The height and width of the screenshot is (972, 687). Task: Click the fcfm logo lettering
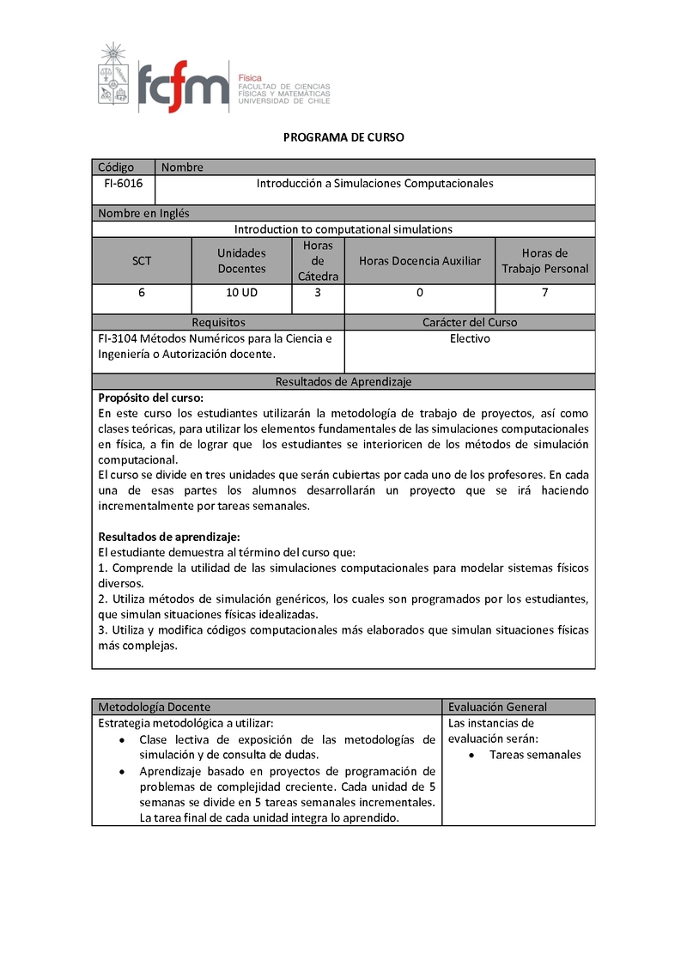coord(183,86)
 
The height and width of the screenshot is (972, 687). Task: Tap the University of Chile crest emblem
coord(111,75)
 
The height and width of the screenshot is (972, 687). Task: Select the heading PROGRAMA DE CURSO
coord(343,137)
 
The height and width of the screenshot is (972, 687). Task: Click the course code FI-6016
coord(123,184)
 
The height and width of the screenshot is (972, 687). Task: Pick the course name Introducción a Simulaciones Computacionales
coord(375,184)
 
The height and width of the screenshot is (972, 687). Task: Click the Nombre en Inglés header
coord(143,213)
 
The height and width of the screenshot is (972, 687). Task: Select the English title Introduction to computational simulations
coord(343,229)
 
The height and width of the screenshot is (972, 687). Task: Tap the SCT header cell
coord(142,261)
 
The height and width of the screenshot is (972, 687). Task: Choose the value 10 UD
coord(241,293)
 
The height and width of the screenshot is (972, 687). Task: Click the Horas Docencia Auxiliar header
coord(420,261)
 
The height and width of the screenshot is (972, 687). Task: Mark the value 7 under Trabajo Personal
coord(545,293)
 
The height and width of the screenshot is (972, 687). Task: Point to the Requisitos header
coord(218,323)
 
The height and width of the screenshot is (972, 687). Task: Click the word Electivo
coord(470,339)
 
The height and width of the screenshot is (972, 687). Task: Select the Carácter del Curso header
coord(470,323)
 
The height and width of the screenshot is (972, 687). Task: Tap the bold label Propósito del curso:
coord(151,398)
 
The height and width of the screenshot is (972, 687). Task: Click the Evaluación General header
coord(497,707)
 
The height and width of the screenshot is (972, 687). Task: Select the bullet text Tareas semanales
coord(535,755)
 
